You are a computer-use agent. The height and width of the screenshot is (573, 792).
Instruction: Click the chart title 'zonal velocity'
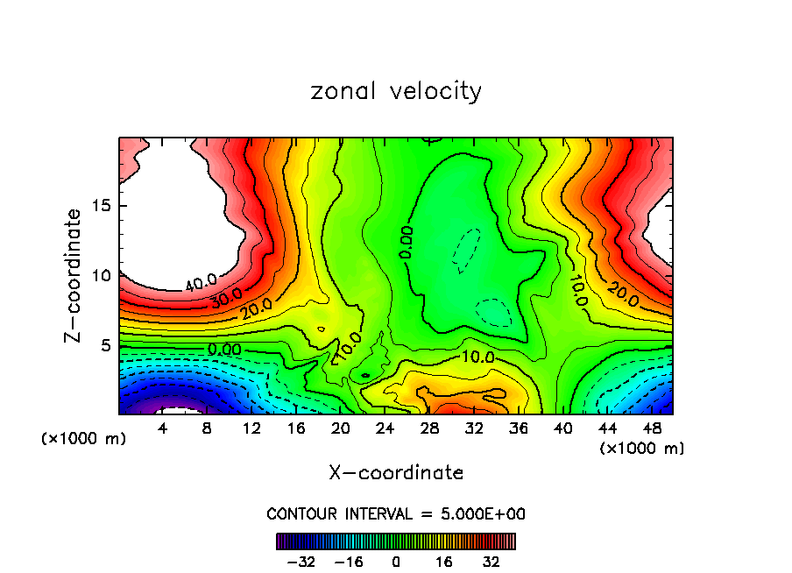point(396,91)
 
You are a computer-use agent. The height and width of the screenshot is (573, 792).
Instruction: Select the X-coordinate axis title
point(396,472)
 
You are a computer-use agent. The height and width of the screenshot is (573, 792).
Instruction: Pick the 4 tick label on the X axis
point(162,429)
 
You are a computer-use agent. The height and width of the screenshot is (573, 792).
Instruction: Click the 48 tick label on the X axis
point(652,429)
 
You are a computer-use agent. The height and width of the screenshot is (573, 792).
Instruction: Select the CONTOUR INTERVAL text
point(396,513)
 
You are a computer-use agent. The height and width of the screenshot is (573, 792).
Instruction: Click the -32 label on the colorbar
point(301,562)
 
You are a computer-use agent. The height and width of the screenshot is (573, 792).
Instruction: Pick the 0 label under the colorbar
point(396,562)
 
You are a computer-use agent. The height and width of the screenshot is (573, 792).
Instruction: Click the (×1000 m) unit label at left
point(84,438)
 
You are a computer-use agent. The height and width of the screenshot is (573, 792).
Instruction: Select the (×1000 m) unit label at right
point(642,448)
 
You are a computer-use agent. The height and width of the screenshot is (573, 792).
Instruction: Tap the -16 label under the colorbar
point(348,562)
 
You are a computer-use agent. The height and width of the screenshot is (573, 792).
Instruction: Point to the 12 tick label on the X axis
point(251,429)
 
